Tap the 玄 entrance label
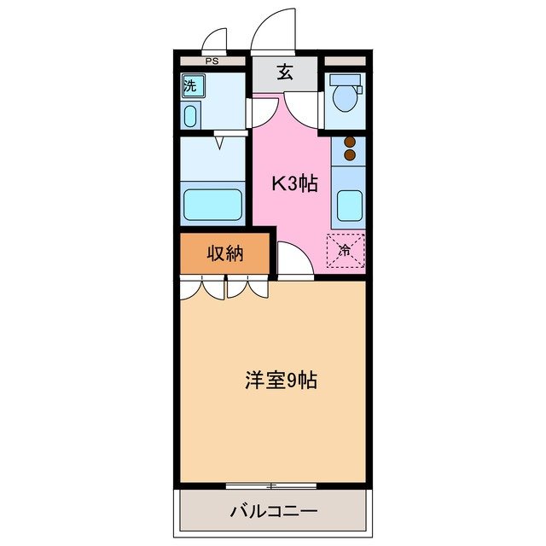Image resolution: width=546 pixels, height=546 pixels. pos(284,73)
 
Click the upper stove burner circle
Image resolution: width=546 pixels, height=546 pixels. pos(348,142)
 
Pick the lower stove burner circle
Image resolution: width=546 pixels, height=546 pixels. pos(348,155)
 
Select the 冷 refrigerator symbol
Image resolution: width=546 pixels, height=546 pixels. pos(346,250)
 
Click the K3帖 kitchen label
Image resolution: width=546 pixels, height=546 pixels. pos(294,183)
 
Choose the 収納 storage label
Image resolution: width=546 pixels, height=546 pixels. pos(224,253)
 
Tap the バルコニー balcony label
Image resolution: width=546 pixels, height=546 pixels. pos(273,512)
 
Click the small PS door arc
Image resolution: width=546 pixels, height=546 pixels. pos(215,41)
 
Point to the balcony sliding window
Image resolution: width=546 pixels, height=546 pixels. pos(271,486)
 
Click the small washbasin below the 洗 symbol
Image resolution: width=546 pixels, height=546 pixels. pos(189,115)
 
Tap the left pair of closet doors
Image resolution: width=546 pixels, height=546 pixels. pos(203,288)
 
